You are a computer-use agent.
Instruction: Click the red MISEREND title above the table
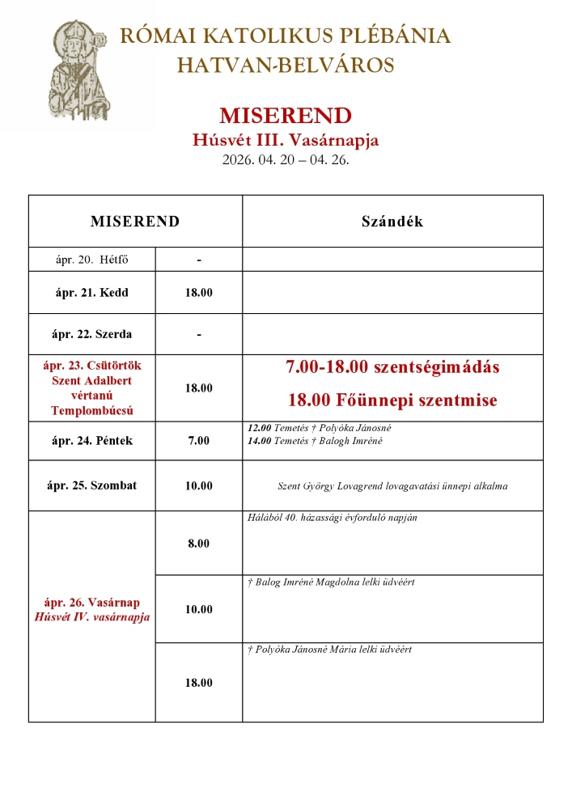pyautogui.click(x=286, y=115)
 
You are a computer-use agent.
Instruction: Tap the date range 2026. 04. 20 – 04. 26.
pyautogui.click(x=286, y=159)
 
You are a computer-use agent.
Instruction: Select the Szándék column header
pyautogui.click(x=392, y=222)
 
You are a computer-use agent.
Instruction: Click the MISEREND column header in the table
pyautogui.click(x=135, y=222)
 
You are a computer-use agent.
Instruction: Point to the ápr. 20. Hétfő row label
pyautogui.click(x=91, y=260)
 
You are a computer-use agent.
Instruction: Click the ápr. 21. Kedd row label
pyautogui.click(x=91, y=292)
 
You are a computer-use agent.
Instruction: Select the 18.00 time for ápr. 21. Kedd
pyautogui.click(x=198, y=292)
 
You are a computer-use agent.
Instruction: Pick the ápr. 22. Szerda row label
pyautogui.click(x=91, y=334)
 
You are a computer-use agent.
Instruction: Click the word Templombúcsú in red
pyautogui.click(x=91, y=410)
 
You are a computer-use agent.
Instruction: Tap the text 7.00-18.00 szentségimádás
pyautogui.click(x=392, y=367)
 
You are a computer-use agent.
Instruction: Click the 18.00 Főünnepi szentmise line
pyautogui.click(x=392, y=400)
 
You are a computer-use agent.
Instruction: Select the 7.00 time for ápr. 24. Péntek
pyautogui.click(x=198, y=441)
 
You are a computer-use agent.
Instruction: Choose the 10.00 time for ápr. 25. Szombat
pyautogui.click(x=198, y=485)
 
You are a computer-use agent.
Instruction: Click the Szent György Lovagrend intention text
pyautogui.click(x=392, y=486)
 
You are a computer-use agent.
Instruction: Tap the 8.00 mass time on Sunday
pyautogui.click(x=198, y=544)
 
